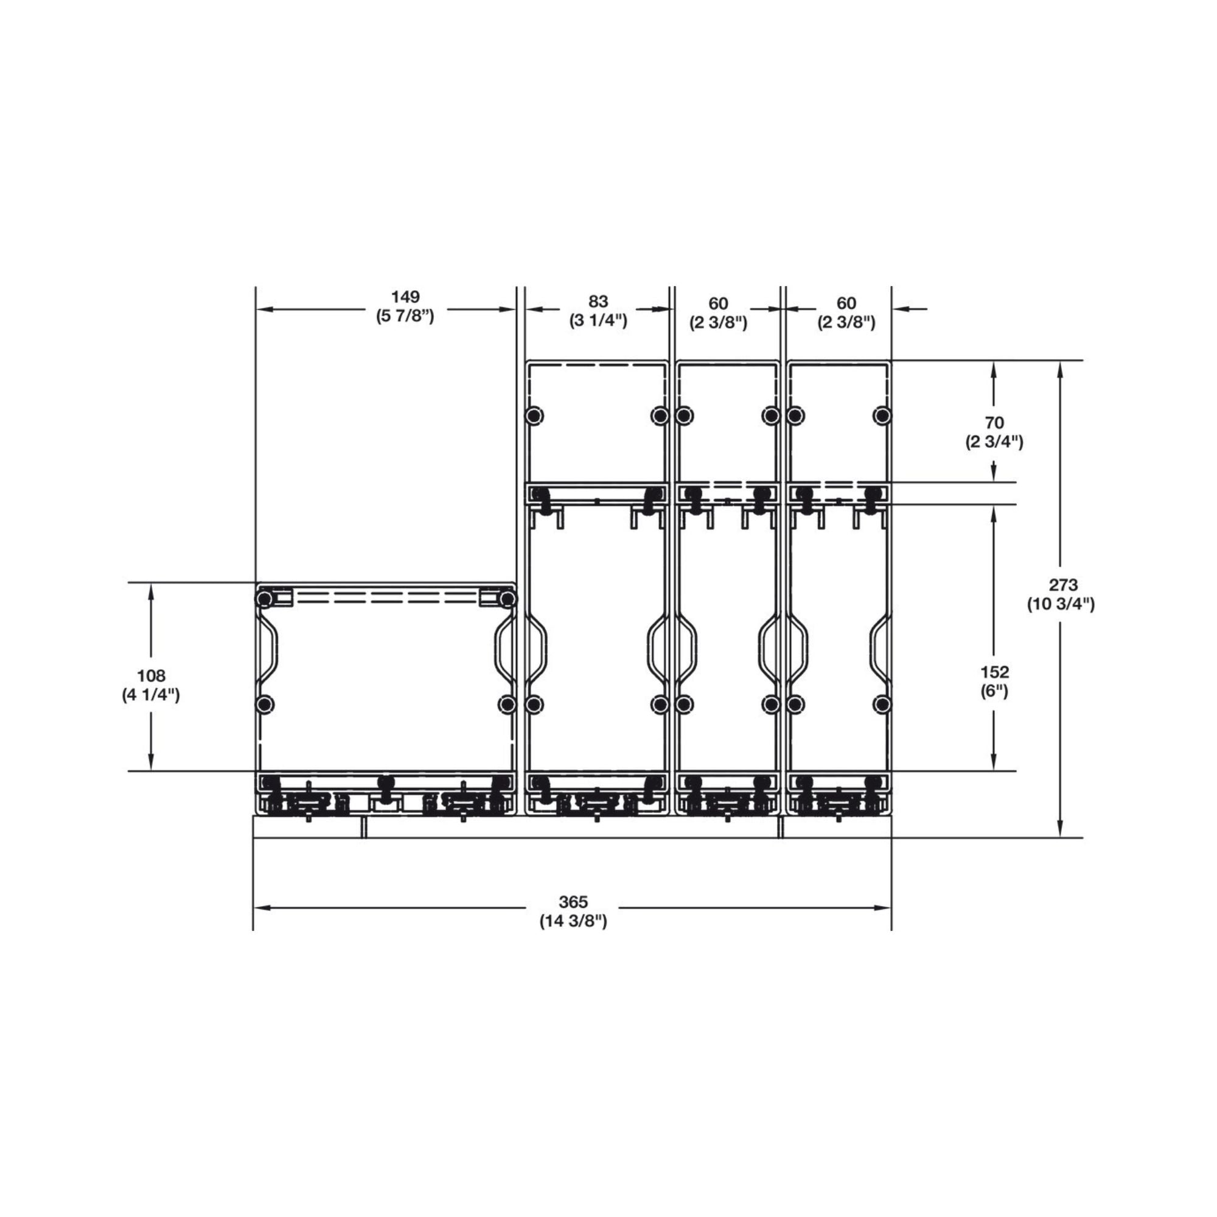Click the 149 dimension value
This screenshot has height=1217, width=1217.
pos(405,296)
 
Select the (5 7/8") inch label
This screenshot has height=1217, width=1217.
pos(405,316)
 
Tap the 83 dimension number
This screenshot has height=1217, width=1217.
pos(598,302)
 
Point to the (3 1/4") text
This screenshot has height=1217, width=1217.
pos(598,321)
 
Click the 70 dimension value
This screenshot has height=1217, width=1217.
pos(994,423)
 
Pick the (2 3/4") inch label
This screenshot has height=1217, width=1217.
pos(994,442)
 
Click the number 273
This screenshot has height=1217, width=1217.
pos(1063,585)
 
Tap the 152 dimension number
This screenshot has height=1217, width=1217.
pos(994,672)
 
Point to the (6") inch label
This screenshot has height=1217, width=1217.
pos(994,692)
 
